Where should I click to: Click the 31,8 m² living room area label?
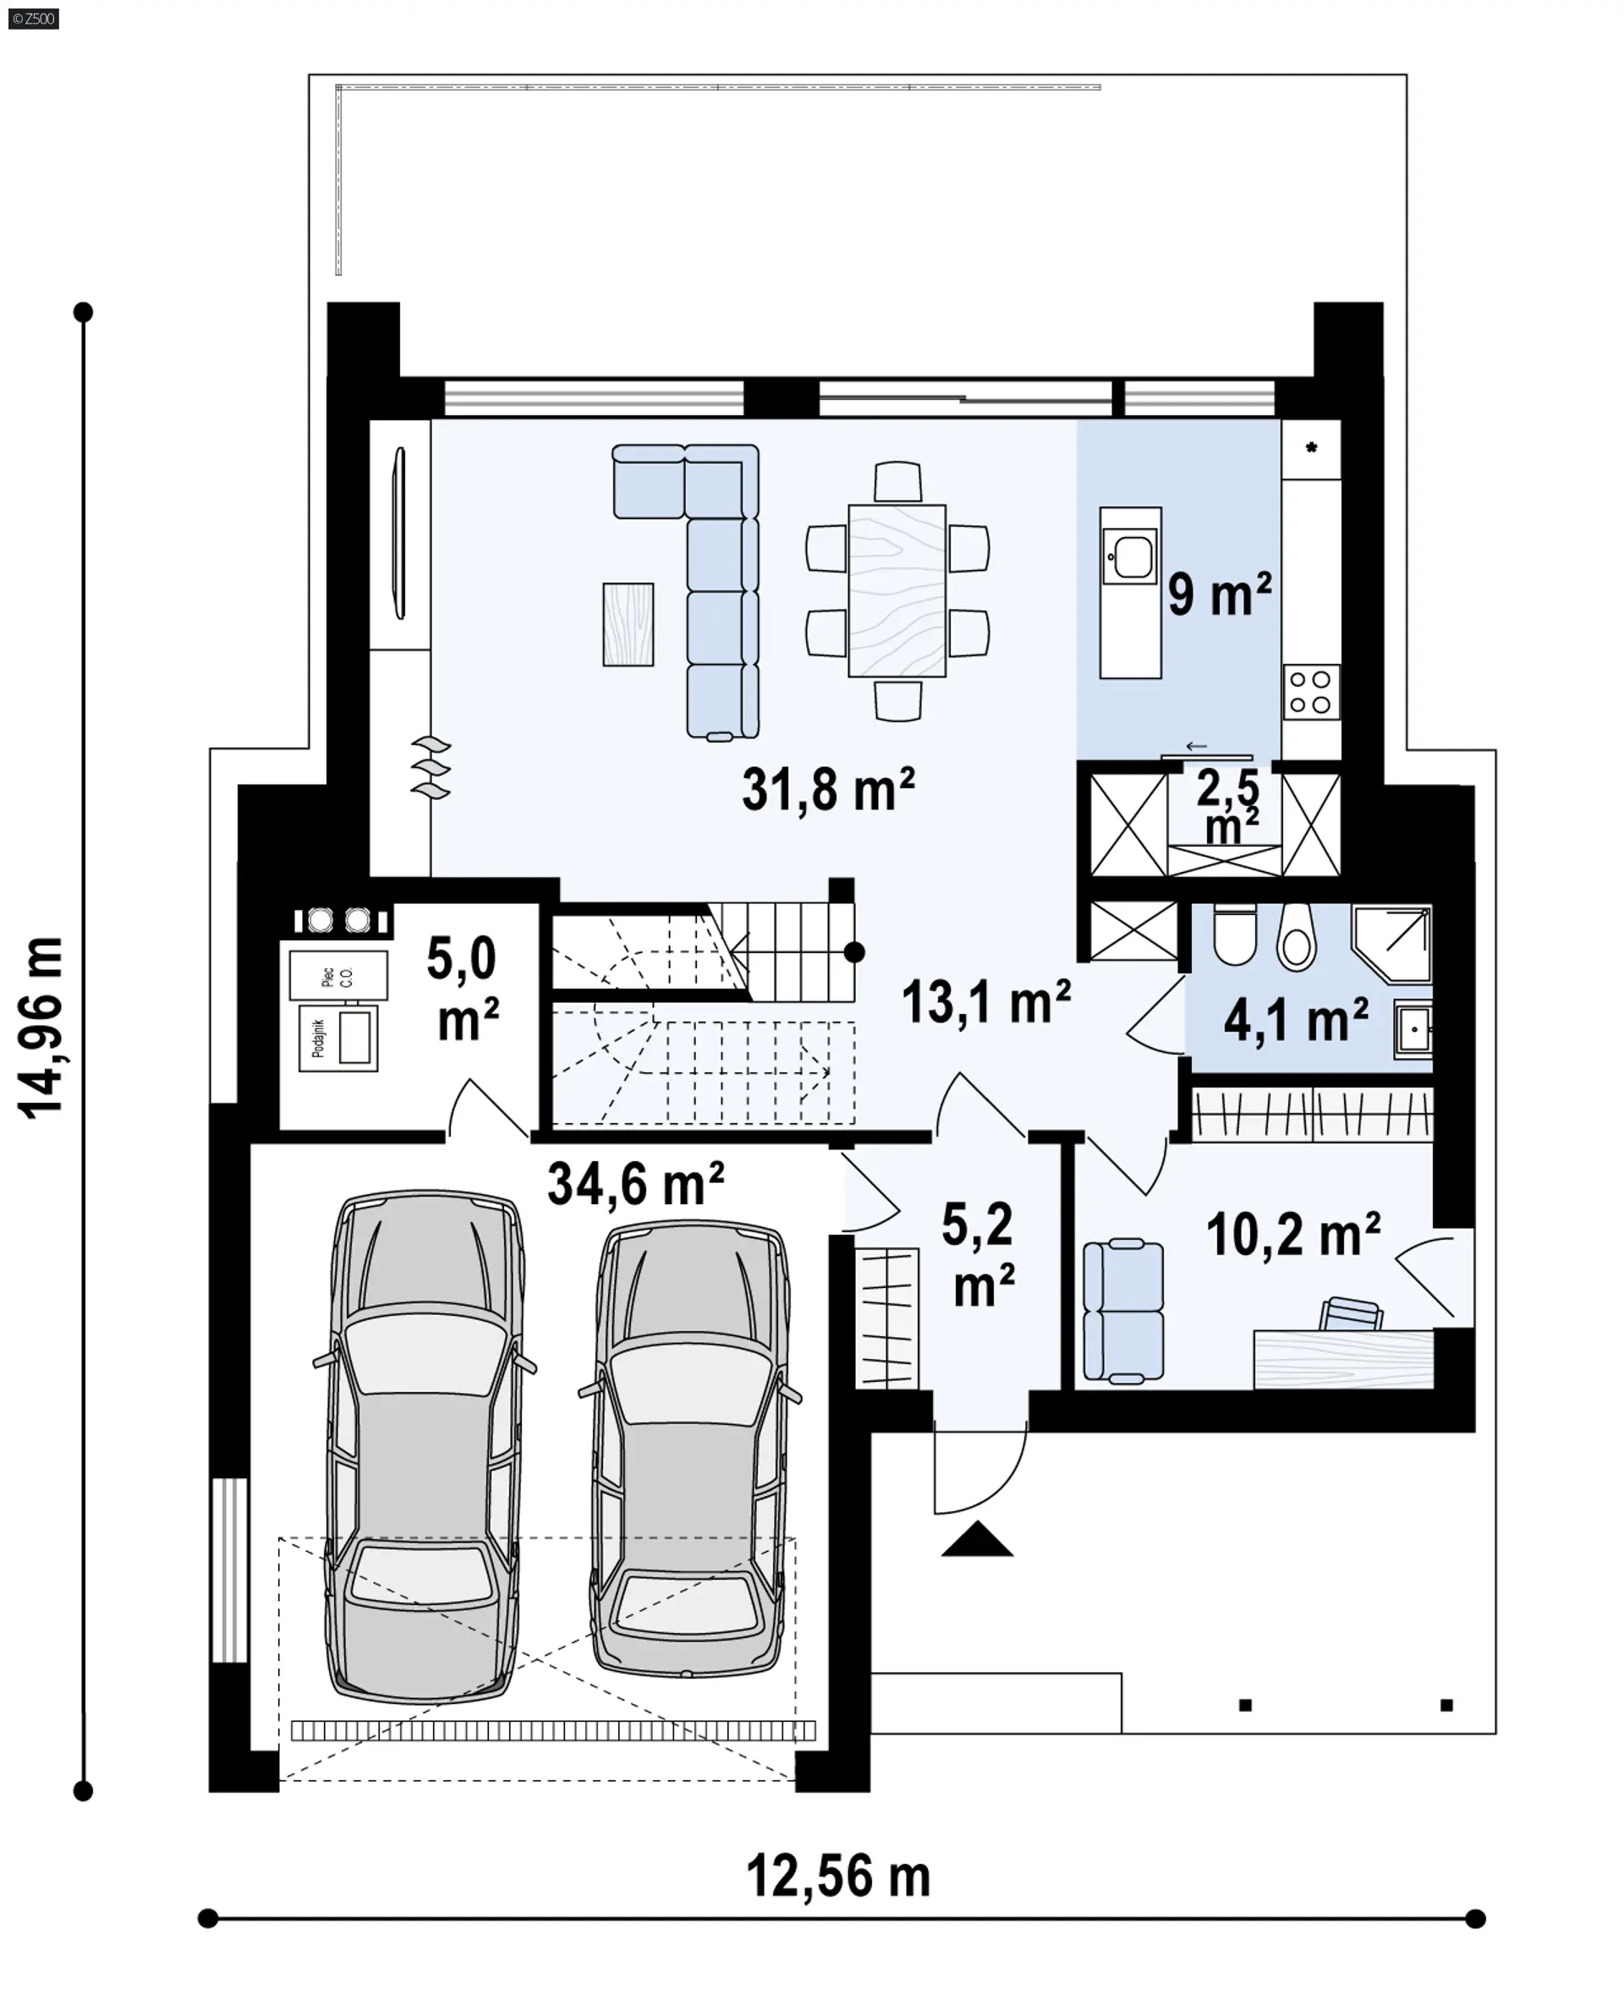[x=828, y=789]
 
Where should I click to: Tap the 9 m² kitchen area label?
[x=1220, y=594]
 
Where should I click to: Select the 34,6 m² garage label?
[x=636, y=1184]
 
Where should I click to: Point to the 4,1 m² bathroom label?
[x=1296, y=1019]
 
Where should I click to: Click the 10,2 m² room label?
[x=1292, y=1236]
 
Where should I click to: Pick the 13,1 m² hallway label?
[x=986, y=1001]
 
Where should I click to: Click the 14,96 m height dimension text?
[x=42, y=1027]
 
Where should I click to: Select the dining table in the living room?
[x=897, y=590]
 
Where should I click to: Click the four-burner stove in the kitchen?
[x=1312, y=692]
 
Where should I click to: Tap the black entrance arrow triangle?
[x=977, y=1539]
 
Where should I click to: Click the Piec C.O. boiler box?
[x=337, y=975]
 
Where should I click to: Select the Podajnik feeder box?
[x=338, y=1038]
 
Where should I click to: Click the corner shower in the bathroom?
[x=1392, y=943]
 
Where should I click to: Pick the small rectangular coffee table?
[x=628, y=624]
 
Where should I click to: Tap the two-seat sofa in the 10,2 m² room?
[x=1123, y=1310]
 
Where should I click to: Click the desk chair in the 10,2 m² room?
[x=1350, y=1314]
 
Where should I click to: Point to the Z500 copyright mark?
[x=34, y=18]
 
